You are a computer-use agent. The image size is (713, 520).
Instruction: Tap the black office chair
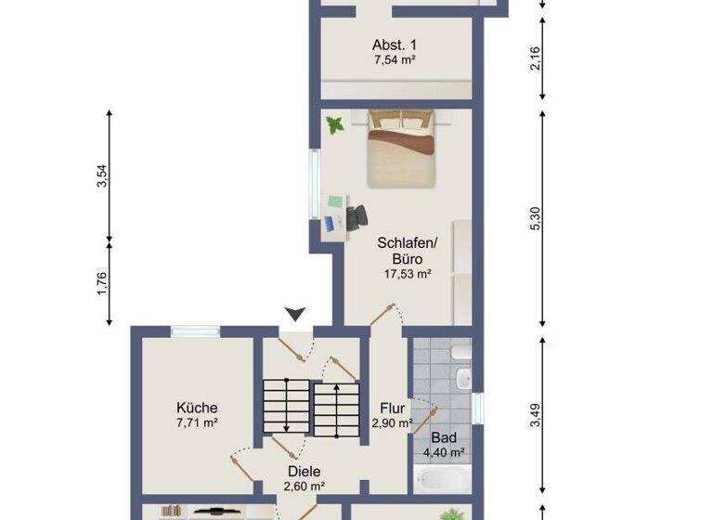[x=356, y=216]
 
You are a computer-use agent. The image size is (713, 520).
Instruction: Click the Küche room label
[x=197, y=407]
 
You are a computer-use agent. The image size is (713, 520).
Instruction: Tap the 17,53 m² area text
[x=408, y=274]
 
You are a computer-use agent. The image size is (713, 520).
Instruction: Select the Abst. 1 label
[x=393, y=45]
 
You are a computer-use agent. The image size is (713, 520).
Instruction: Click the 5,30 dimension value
[x=534, y=219]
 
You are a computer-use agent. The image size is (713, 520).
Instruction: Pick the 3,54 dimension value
[x=102, y=176]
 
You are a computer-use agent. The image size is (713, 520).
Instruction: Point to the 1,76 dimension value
[x=102, y=282]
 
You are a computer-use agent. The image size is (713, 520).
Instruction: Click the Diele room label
[x=304, y=471]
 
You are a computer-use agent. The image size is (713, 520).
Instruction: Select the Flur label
[x=390, y=407]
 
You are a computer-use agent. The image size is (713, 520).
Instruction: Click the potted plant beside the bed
[x=334, y=123]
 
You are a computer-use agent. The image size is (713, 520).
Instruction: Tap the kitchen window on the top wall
[x=195, y=330]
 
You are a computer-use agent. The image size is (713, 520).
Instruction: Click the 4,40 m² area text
[x=443, y=453]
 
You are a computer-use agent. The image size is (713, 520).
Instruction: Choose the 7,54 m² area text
[x=393, y=60]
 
